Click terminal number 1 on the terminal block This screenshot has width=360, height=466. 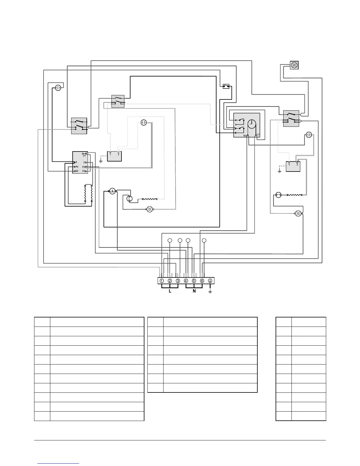(162, 281)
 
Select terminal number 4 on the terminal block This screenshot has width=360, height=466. (186, 281)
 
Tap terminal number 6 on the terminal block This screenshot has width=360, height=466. (202, 281)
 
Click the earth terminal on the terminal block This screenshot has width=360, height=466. (210, 281)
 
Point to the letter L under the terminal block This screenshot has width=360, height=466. (170, 291)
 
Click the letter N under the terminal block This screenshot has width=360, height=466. (194, 291)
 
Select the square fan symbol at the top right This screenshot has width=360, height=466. (294, 65)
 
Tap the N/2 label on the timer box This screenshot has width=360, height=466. (245, 135)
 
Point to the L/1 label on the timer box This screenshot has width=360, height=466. (258, 135)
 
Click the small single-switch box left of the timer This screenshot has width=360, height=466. (226, 86)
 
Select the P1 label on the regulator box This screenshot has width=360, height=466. (84, 156)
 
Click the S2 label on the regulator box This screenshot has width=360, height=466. (76, 171)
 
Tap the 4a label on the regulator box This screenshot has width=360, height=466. (76, 167)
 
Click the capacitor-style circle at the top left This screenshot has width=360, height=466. (58, 87)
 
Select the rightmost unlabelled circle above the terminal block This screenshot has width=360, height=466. (204, 241)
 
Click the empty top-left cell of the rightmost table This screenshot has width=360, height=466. (284, 322)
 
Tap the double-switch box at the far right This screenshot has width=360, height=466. (291, 119)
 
